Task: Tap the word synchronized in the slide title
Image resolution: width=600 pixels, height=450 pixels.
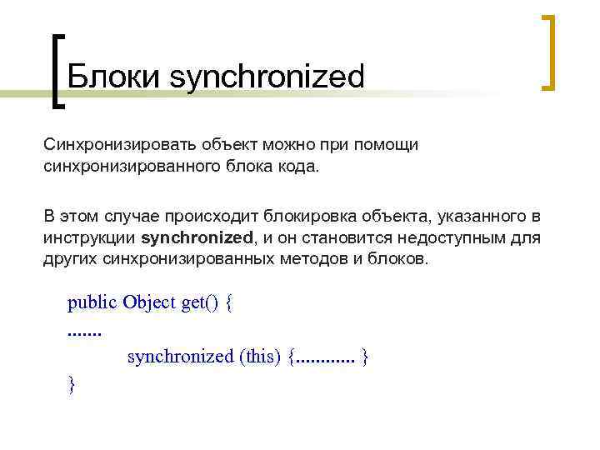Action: pyautogui.click(x=267, y=77)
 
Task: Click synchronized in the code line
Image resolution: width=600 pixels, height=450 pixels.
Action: pyautogui.click(x=180, y=357)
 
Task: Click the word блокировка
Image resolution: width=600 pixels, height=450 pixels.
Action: pyautogui.click(x=318, y=217)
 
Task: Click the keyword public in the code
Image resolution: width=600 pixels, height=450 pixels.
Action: pyautogui.click(x=92, y=302)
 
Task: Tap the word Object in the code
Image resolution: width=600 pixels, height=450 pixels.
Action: pyautogui.click(x=148, y=302)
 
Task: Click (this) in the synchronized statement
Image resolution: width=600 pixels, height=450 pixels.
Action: pyautogui.click(x=260, y=357)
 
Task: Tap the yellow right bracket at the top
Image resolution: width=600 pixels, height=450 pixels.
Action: pyautogui.click(x=548, y=51)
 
